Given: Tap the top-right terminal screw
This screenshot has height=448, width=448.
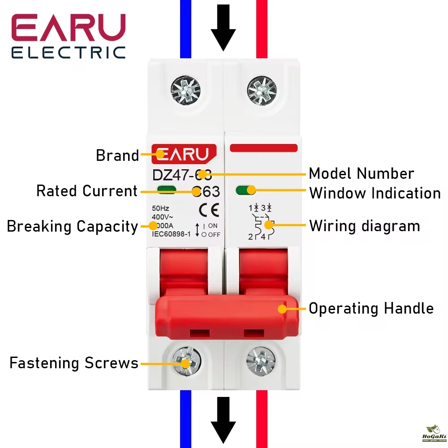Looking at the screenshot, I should click(262, 86).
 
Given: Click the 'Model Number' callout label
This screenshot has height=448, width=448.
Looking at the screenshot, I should click(361, 174).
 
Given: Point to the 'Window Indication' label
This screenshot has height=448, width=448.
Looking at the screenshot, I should click(375, 194).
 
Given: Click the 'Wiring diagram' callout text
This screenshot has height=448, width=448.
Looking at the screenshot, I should click(364, 226).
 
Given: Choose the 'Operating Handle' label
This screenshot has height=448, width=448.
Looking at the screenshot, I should click(371, 309).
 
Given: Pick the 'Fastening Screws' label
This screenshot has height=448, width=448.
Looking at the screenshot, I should click(74, 363).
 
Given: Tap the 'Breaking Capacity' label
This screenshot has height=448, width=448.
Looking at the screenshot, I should click(72, 227).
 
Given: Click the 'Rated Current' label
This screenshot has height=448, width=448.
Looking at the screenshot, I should click(86, 191).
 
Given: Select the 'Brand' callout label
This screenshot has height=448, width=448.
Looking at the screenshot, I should click(117, 156).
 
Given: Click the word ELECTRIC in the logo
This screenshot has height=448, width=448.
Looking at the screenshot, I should click(68, 52).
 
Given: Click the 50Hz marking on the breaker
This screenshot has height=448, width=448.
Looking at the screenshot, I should click(160, 208).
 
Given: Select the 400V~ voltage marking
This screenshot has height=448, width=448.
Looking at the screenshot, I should click(162, 217).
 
